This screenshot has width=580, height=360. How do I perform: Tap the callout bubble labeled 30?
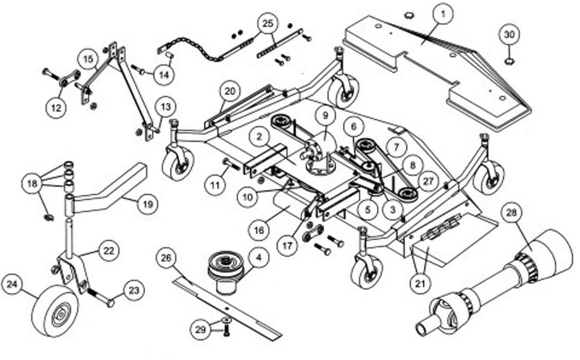509,34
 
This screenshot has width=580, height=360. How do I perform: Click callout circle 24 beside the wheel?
13,283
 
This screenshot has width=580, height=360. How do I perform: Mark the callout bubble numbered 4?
259,258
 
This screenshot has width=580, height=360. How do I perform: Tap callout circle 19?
145,204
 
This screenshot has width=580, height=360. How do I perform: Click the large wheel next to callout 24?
54,311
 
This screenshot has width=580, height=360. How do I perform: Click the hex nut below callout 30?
509,61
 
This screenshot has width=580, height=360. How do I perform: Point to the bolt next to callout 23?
102,298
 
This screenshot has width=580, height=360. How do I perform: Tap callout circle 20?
229,91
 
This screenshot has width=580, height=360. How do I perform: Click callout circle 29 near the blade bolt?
201,330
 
